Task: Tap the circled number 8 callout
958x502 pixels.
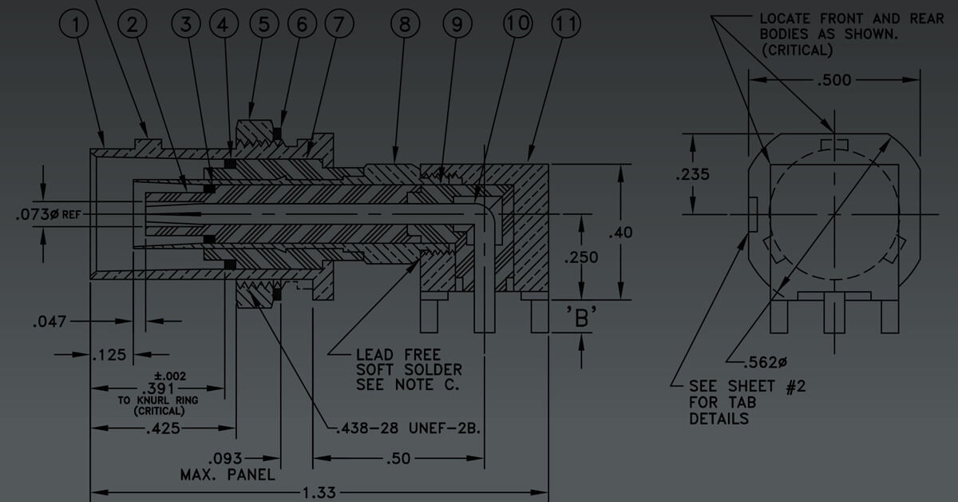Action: (405, 25)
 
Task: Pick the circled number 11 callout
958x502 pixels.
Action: (566, 25)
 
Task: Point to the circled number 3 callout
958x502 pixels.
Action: (187, 25)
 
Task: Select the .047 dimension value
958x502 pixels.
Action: (47, 322)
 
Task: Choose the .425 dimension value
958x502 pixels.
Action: (164, 429)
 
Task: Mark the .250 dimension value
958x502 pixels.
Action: (581, 258)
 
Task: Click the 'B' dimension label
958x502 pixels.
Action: (581, 318)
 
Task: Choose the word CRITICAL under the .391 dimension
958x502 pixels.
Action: (159, 411)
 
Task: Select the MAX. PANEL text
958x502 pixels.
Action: (228, 475)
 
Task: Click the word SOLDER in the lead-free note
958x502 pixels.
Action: (435, 369)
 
